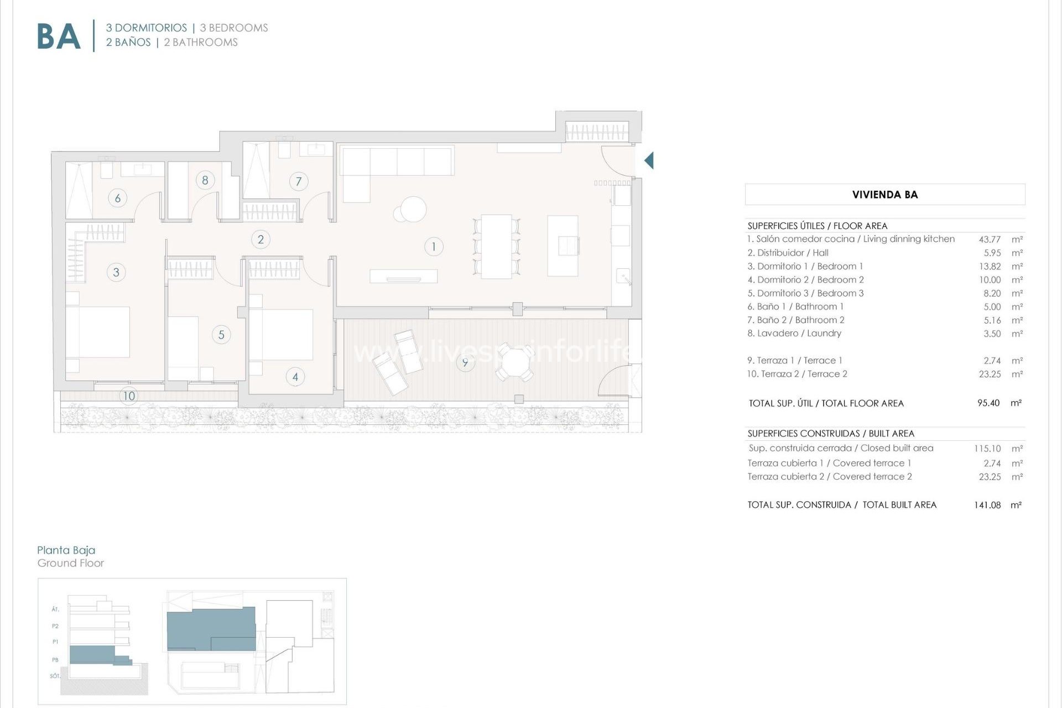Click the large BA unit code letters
[59, 37]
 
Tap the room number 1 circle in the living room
[434, 247]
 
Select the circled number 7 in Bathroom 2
[299, 181]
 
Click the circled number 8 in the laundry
[205, 180]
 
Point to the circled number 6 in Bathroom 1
[117, 198]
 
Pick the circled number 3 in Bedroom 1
[116, 272]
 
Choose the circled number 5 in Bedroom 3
[221, 335]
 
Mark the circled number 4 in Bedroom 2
[295, 377]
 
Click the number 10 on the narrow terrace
[129, 396]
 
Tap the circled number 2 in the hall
[261, 240]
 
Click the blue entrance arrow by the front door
[649, 160]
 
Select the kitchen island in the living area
[563, 246]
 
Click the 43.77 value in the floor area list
[990, 240]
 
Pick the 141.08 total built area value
[987, 505]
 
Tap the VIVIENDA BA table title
[885, 195]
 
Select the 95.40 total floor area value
[988, 403]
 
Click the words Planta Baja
[66, 550]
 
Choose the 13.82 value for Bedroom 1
[990, 267]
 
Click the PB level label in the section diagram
[55, 660]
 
